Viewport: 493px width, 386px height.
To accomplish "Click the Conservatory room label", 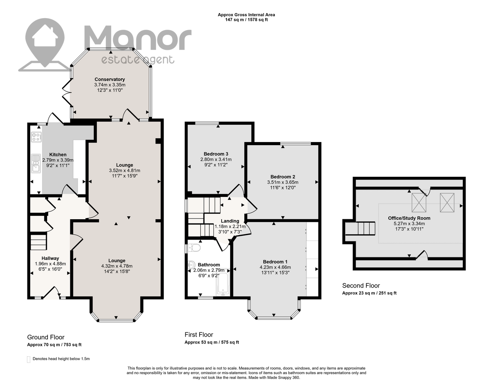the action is (110, 80).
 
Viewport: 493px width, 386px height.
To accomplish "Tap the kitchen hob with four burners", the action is (36, 137).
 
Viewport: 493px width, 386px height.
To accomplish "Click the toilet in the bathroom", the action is (194, 248).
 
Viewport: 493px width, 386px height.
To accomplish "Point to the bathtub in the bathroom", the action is (223, 282).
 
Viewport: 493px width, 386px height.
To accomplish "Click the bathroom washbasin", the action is (192, 264).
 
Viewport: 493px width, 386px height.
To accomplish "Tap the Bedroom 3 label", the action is (216, 154).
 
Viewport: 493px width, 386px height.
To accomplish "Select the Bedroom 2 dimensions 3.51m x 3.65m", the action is (283, 182).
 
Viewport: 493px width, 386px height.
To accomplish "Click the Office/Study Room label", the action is (409, 218).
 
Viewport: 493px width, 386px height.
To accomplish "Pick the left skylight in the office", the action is (419, 203).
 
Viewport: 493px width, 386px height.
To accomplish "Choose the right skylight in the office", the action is (447, 203).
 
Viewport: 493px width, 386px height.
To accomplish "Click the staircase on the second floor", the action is (360, 229).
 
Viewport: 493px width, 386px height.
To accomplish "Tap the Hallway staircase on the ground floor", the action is (38, 242).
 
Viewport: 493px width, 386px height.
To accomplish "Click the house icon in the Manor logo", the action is (45, 37).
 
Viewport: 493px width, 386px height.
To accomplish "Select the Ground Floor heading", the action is (46, 337).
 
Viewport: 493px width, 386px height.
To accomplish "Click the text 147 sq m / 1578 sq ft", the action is (246, 20).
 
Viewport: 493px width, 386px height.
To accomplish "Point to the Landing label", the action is (230, 221).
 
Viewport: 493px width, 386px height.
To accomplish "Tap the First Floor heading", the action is (199, 335).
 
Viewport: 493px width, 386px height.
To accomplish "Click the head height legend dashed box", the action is (29, 359).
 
